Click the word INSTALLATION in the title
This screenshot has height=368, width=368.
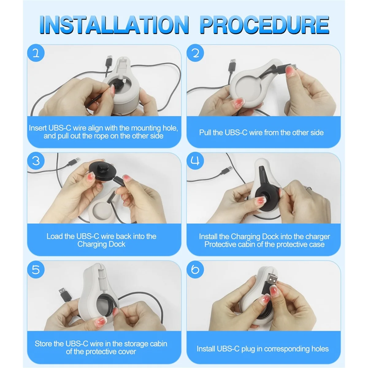114,25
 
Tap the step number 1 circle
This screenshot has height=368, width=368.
36,53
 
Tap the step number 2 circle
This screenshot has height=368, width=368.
195,53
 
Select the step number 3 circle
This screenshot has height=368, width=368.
36,161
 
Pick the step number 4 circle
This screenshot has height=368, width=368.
195,161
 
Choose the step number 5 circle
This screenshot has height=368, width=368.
36,270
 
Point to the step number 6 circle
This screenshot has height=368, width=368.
195,270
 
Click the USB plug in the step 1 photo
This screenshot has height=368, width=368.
109,61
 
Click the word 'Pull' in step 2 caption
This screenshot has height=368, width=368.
205,132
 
